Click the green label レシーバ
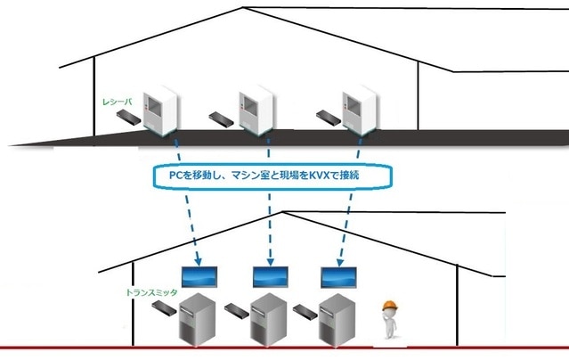(x=118, y=102)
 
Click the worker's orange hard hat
(x=389, y=306)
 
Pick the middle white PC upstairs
(x=251, y=108)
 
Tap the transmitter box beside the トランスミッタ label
(x=163, y=307)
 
